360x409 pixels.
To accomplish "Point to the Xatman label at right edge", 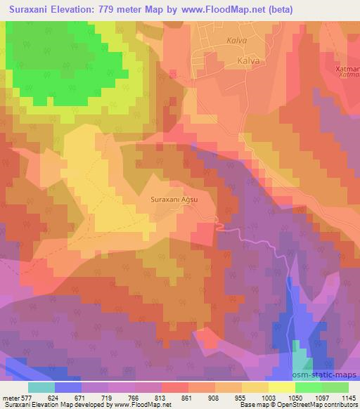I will (x=349, y=70).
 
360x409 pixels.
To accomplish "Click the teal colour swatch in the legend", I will (x=41, y=387).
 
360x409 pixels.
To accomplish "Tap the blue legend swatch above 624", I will (x=68, y=387).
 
